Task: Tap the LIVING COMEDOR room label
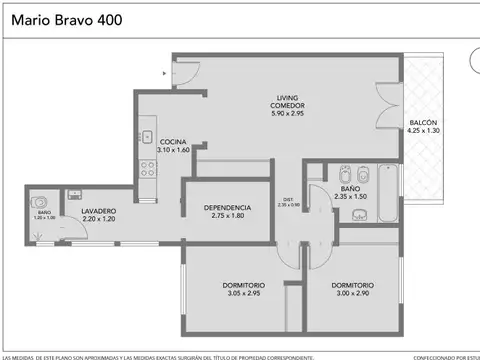pos(290,101)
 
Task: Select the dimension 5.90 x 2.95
pos(290,114)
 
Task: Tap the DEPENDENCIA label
pos(227,207)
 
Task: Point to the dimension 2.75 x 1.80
pos(227,216)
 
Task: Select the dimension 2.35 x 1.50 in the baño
pos(350,197)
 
